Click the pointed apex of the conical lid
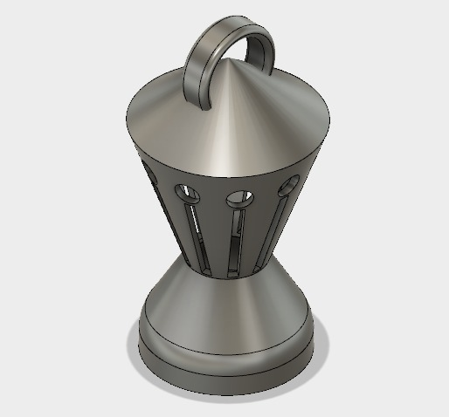(x=231, y=63)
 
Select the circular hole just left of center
(x=188, y=190)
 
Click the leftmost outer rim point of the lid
(x=124, y=122)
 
